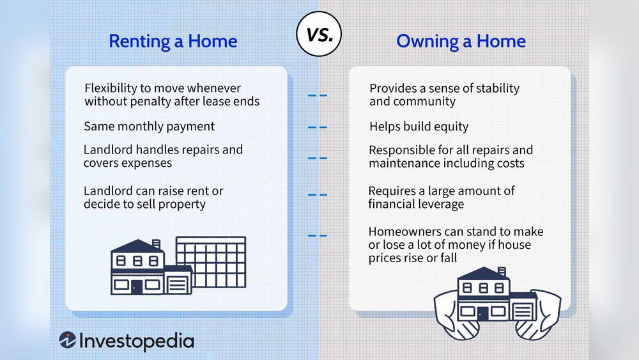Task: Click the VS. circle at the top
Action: (319, 36)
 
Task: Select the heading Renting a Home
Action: (173, 42)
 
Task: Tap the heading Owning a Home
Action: (461, 42)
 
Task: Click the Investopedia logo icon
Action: (68, 340)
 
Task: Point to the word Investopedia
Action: (136, 341)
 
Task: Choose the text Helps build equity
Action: (419, 127)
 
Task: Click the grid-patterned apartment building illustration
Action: (210, 262)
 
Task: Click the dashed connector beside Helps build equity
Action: (317, 127)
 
